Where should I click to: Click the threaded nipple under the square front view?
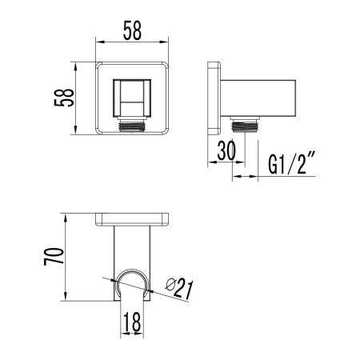(134, 126)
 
